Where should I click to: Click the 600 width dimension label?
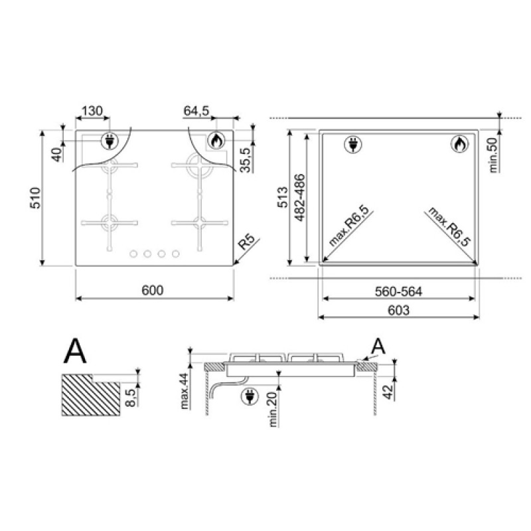pos(153,290)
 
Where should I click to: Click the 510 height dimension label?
pos(36,198)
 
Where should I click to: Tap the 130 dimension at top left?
pos(92,111)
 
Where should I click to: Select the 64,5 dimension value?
pos(196,111)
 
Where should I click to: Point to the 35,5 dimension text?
pos(245,160)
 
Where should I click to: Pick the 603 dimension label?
pos(399,310)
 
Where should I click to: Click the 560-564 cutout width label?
pos(399,291)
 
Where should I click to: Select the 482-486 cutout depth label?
pos(300,198)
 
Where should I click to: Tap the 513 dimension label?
pos(283,197)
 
